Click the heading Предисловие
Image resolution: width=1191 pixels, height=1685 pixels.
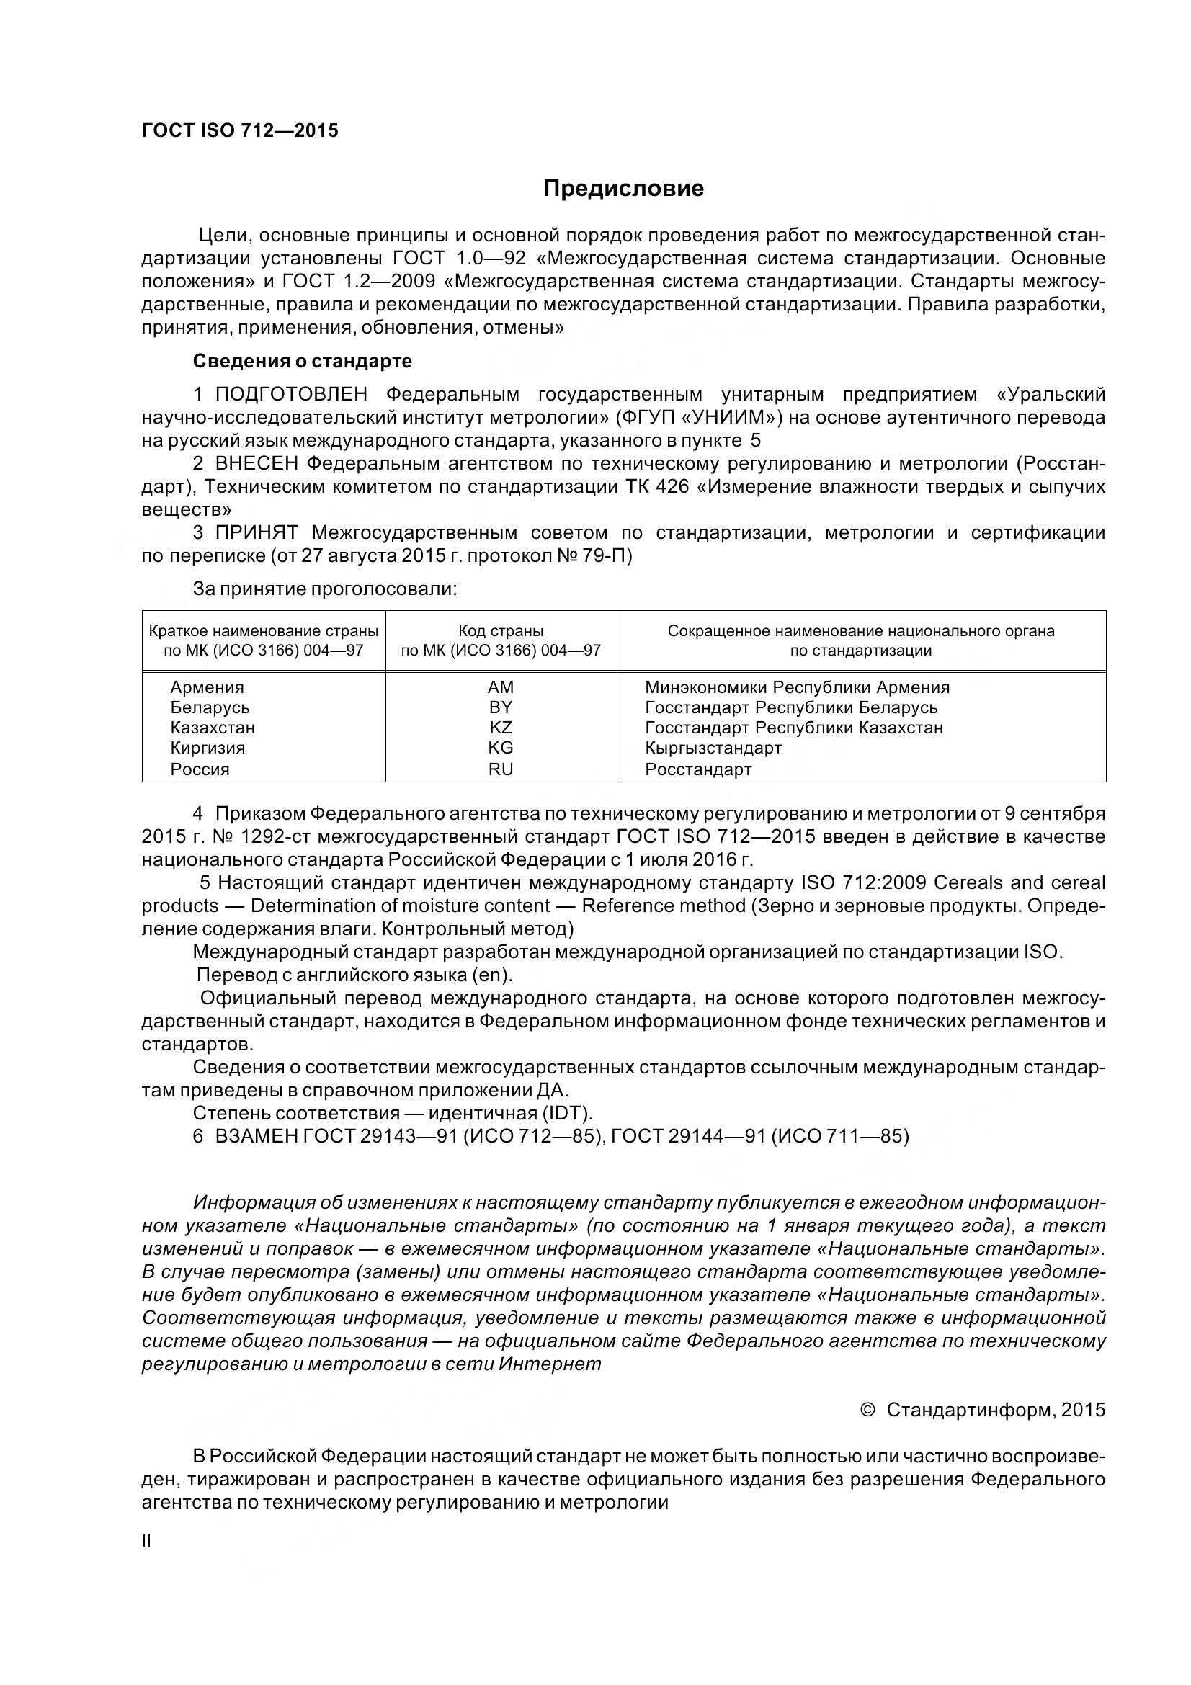[x=623, y=189]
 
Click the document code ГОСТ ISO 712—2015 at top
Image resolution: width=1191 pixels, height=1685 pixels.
[x=240, y=130]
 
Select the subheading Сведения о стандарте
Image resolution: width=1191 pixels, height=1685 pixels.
[x=302, y=361]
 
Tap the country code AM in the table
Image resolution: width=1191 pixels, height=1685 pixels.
[x=501, y=688]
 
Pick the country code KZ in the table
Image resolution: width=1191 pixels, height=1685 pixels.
[x=501, y=728]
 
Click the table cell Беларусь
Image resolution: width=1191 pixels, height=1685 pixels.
[x=210, y=707]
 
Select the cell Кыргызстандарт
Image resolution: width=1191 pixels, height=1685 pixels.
[x=713, y=748]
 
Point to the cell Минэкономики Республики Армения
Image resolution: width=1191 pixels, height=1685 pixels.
[x=797, y=688]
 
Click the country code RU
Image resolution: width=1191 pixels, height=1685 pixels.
[x=501, y=769]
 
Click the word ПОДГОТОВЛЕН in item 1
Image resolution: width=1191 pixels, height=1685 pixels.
[x=291, y=395]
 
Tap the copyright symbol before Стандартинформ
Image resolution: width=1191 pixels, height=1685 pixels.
[x=867, y=1410]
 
